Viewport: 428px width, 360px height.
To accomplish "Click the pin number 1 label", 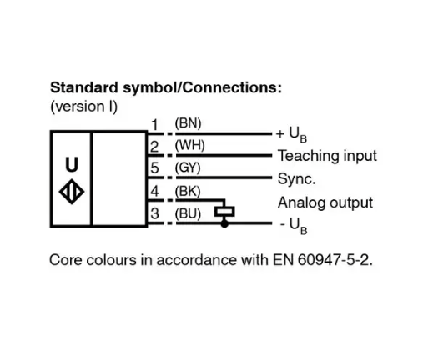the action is [155, 125].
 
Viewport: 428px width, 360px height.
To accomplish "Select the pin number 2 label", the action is [154, 147].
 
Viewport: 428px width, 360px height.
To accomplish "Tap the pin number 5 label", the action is [154, 168].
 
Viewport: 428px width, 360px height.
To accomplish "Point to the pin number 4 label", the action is [154, 191].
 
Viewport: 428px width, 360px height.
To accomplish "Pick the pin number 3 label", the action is [154, 213].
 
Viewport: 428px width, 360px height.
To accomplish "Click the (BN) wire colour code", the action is [188, 123].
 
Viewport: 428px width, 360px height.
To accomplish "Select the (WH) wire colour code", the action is [190, 145].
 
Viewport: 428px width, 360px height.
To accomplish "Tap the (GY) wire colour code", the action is [188, 167].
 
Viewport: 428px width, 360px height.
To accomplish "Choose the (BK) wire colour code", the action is [188, 191].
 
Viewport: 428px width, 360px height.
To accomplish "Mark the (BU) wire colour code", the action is [188, 213].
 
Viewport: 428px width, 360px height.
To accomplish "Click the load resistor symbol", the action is [224, 212].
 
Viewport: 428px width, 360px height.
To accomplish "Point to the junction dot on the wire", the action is [224, 223].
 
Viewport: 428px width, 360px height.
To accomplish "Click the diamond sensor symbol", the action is [72, 192].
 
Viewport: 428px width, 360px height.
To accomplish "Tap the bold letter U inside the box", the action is [72, 164].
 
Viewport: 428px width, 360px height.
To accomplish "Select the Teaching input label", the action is [327, 156].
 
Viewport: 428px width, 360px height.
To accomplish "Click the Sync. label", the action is [297, 178].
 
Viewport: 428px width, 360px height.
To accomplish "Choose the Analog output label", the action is [325, 202].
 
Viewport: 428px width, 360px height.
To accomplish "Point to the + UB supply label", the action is [291, 135].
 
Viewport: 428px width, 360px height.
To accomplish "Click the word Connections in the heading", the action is [233, 87].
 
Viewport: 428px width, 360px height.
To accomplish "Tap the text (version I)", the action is [84, 107].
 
